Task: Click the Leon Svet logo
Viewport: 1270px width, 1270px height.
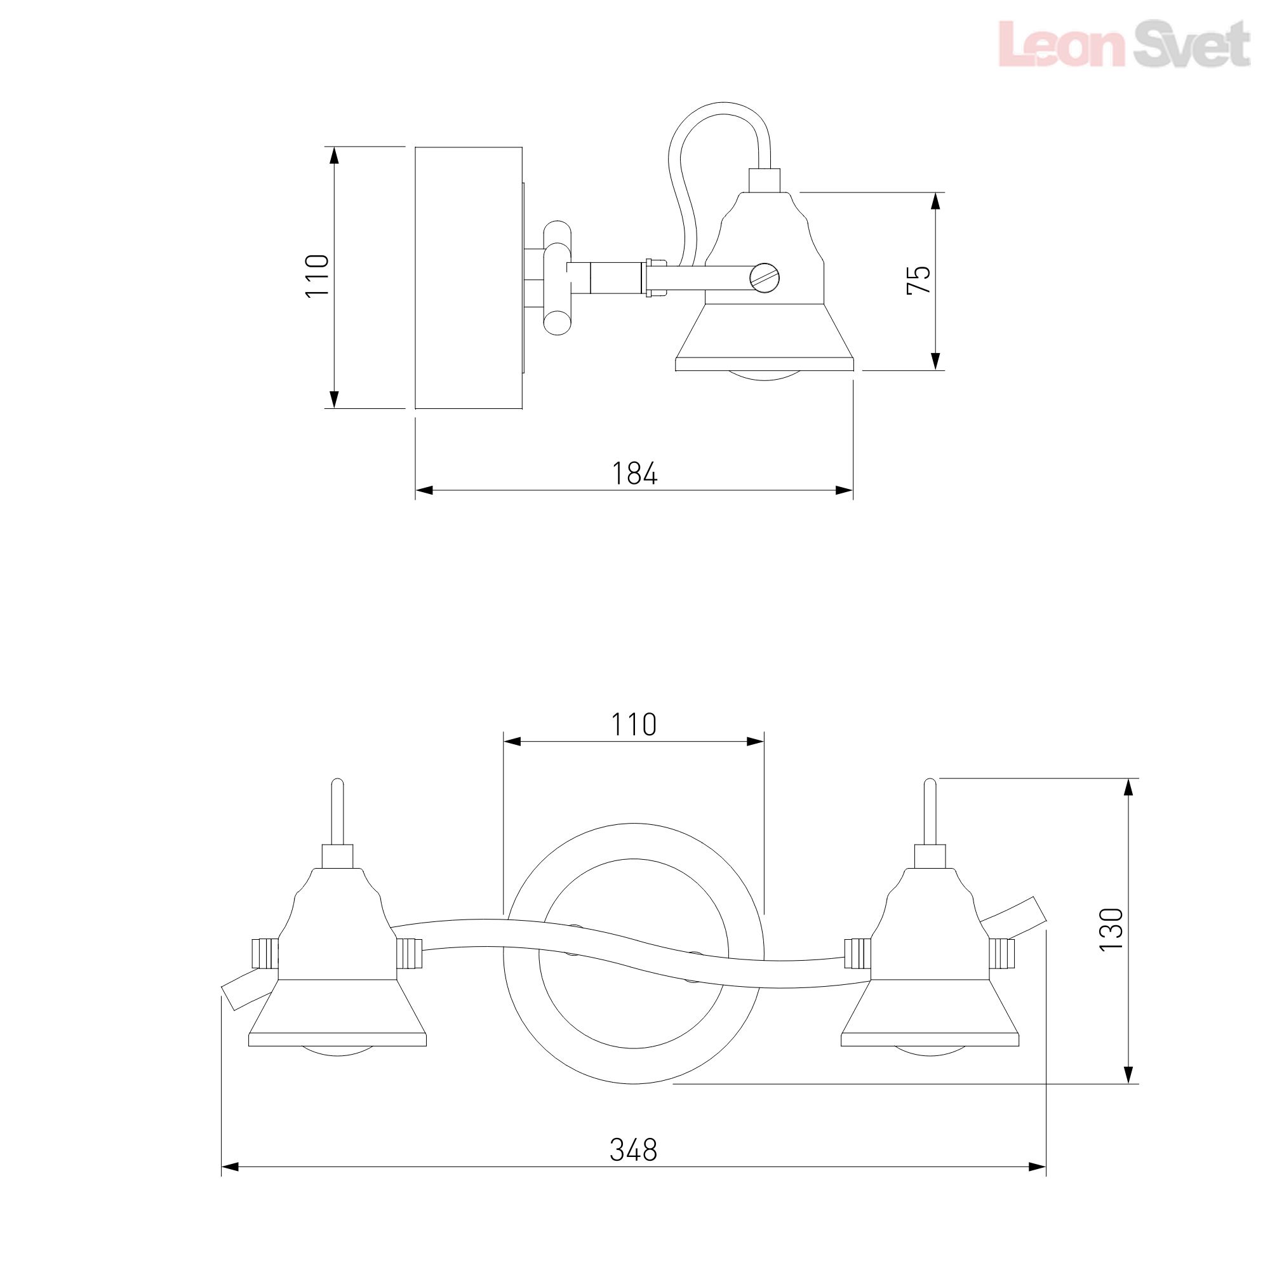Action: point(1124,43)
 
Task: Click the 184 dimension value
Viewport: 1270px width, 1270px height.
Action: point(634,473)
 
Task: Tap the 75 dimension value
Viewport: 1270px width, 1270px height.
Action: point(919,279)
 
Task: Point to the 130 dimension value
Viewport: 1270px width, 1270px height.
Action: point(1111,929)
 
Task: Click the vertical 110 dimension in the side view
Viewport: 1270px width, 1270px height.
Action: point(317,276)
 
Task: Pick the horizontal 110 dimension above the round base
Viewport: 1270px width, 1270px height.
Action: point(634,725)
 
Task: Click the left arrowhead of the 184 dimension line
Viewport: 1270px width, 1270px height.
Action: point(424,490)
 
